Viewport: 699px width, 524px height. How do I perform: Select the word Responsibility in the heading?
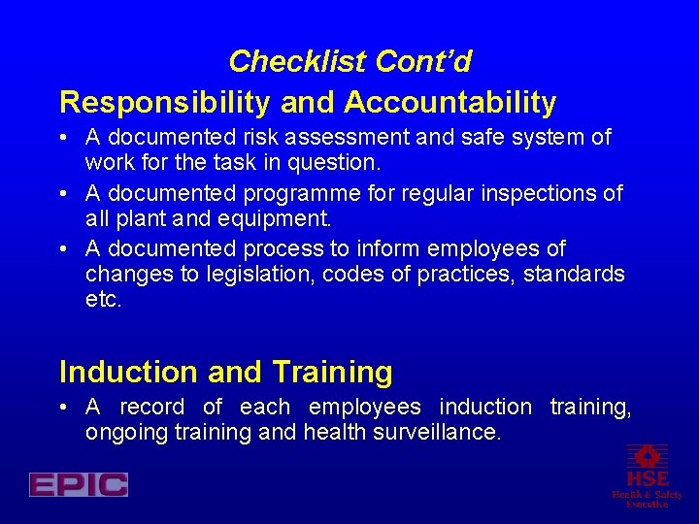182,102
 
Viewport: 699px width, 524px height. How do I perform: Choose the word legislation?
255,275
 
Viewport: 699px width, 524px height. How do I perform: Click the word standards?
574,275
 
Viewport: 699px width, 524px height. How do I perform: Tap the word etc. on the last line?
104,300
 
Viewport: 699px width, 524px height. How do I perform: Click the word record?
151,407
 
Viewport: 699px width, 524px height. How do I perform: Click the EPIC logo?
79,484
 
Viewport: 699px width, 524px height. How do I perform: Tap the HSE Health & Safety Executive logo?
647,475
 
